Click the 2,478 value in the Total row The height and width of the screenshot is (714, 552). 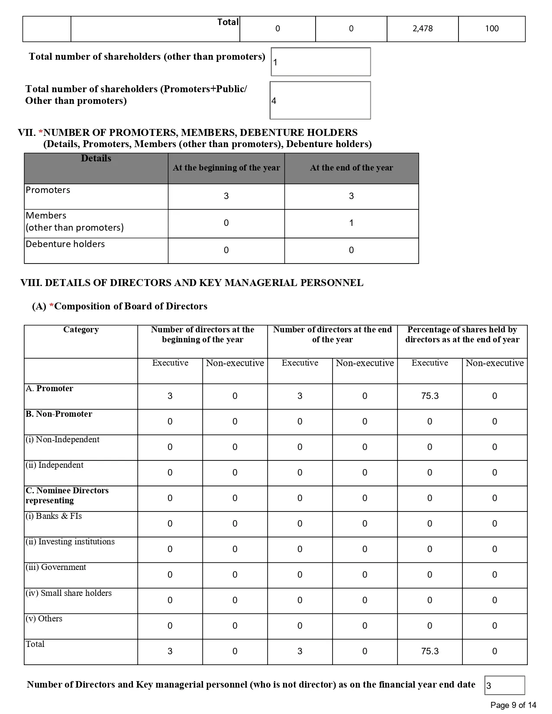pyautogui.click(x=423, y=29)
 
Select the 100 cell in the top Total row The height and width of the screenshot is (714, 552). pyautogui.click(x=492, y=29)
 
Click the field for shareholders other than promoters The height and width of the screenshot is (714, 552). pyautogui.click(x=320, y=62)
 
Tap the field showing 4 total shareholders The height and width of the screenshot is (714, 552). pyautogui.click(x=320, y=100)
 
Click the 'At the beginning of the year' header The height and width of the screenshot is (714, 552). pyautogui.click(x=226, y=168)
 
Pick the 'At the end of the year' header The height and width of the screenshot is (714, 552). pyautogui.click(x=351, y=168)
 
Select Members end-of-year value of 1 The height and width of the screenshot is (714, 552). pyautogui.click(x=351, y=223)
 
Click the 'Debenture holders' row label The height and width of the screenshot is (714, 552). pyautogui.click(x=65, y=244)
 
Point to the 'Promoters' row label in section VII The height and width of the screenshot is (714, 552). pyautogui.click(x=48, y=190)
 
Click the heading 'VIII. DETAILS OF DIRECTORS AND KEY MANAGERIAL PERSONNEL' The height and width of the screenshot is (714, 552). pyautogui.click(x=192, y=283)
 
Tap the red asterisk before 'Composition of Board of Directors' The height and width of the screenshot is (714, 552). pyautogui.click(x=52, y=306)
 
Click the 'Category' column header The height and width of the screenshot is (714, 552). pyautogui.click(x=81, y=330)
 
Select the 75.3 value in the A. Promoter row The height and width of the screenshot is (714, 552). pyautogui.click(x=429, y=396)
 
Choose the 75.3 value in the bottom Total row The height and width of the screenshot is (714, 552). pyautogui.click(x=429, y=651)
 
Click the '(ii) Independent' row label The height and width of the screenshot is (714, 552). pyautogui.click(x=55, y=465)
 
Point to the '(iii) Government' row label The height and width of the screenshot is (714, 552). pyautogui.click(x=56, y=567)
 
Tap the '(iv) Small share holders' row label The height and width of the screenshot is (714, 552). pyautogui.click(x=68, y=593)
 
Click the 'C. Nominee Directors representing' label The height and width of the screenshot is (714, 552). pyautogui.click(x=67, y=495)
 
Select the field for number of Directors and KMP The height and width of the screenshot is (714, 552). pyautogui.click(x=504, y=685)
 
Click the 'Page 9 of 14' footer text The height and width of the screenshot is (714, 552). pyautogui.click(x=513, y=705)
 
